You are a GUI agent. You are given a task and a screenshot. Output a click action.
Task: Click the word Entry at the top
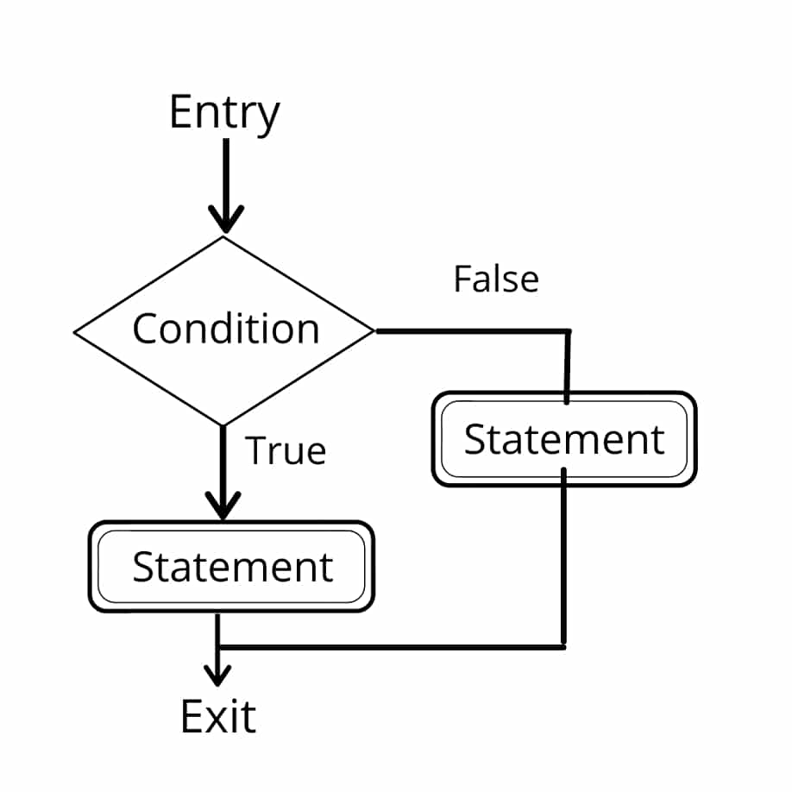click(x=224, y=113)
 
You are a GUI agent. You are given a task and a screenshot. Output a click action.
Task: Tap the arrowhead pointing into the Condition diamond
click(x=225, y=221)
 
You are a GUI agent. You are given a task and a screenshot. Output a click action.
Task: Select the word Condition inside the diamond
click(x=225, y=329)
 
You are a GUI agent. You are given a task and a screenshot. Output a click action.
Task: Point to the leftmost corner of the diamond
click(x=76, y=331)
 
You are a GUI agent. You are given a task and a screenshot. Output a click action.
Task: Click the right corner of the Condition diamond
click(x=374, y=330)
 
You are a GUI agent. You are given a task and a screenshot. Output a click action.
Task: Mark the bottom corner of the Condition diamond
click(x=224, y=424)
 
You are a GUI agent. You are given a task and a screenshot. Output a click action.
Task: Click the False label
click(x=496, y=280)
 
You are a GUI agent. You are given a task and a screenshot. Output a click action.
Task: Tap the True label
click(x=286, y=451)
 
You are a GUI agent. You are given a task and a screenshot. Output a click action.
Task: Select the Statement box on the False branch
click(x=563, y=439)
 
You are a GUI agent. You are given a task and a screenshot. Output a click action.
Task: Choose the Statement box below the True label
click(x=231, y=567)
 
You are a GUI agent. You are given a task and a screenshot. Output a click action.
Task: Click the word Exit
click(x=218, y=717)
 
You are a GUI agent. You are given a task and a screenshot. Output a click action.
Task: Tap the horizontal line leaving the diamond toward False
click(x=470, y=330)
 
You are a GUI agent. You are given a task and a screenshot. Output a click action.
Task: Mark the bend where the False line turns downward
click(x=568, y=331)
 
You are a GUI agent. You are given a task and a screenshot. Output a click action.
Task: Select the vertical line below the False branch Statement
click(x=563, y=561)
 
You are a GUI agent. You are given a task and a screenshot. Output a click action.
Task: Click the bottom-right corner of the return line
click(x=563, y=645)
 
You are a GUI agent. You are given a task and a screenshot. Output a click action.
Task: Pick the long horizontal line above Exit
click(x=388, y=645)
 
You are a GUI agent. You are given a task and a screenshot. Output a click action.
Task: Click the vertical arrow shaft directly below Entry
click(x=225, y=173)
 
